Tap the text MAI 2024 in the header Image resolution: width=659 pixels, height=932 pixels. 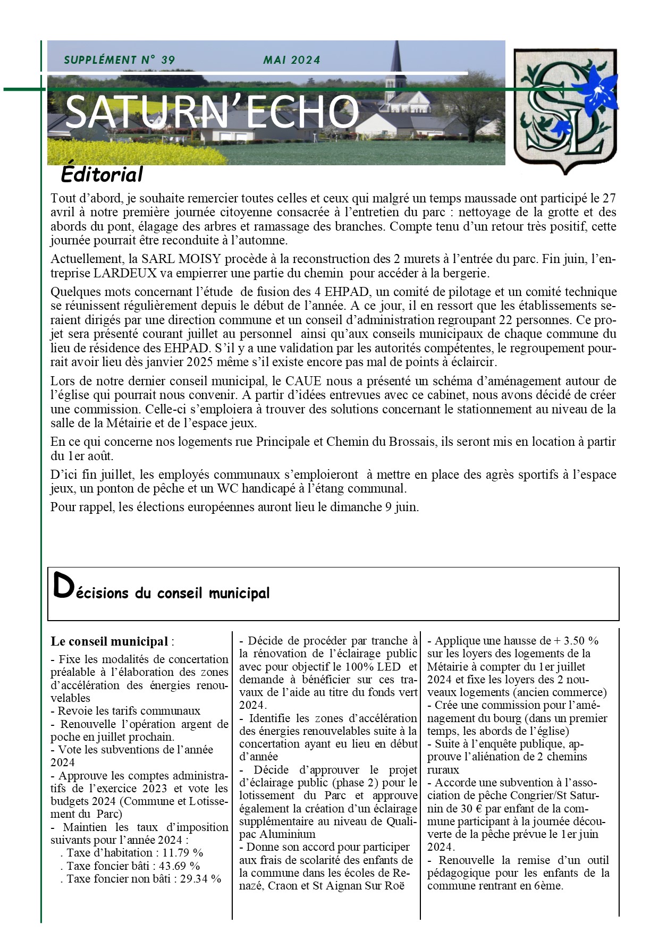292,60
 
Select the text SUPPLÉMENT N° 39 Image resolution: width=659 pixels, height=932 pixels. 119,60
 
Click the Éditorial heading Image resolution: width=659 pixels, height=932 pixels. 102,174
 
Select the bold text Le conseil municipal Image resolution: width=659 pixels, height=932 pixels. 109,641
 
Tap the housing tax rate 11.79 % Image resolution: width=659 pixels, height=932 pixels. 183,853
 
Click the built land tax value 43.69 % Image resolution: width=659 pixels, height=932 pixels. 180,866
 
